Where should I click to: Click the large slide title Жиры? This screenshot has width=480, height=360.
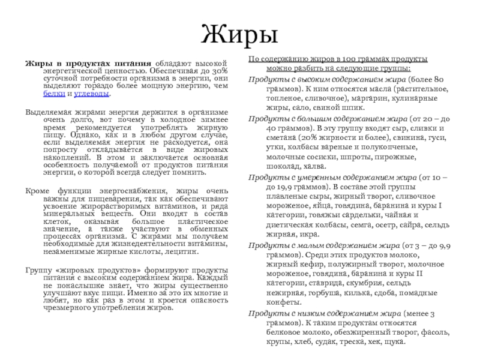click(240, 35)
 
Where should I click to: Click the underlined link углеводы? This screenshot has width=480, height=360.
click(95, 95)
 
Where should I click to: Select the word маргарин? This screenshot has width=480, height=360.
click(368, 98)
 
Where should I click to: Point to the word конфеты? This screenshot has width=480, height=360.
click(267, 303)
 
